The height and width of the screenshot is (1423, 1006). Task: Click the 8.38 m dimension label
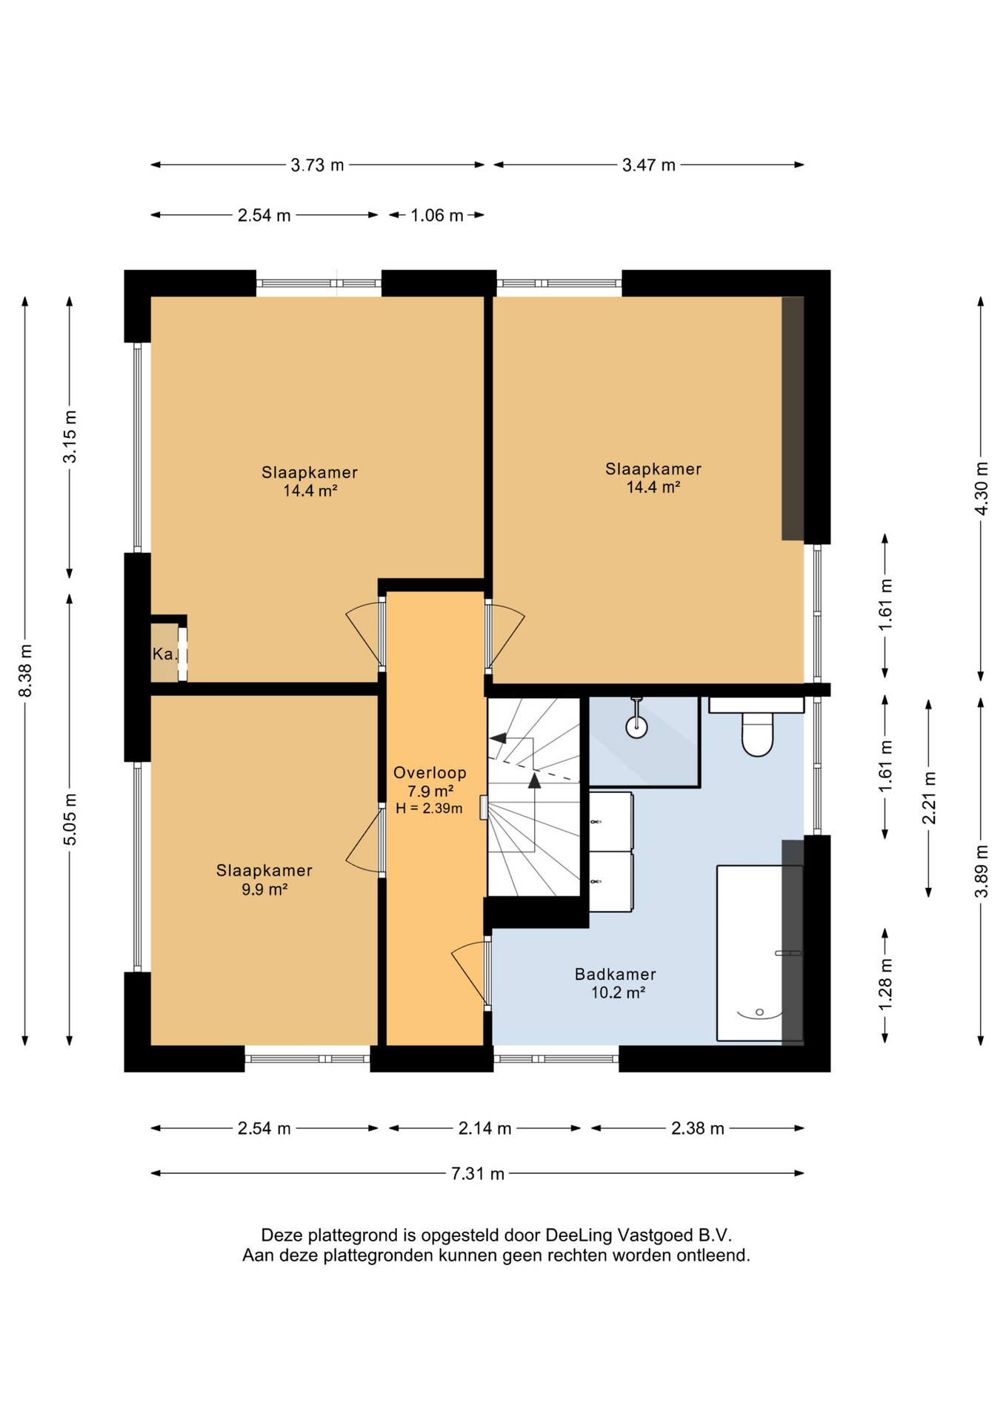pyautogui.click(x=25, y=670)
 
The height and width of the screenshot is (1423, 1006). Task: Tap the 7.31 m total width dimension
pyautogui.click(x=477, y=1173)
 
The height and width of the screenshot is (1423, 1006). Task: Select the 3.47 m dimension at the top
pyautogui.click(x=649, y=165)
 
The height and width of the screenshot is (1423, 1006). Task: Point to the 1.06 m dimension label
pyautogui.click(x=437, y=215)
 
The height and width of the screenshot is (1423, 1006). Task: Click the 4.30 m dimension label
pyautogui.click(x=981, y=488)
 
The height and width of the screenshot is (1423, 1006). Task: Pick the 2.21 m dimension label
pyautogui.click(x=929, y=797)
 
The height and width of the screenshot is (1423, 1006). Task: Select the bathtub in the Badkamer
pyautogui.click(x=759, y=952)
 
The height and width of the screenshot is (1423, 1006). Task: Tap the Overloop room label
pyautogui.click(x=430, y=772)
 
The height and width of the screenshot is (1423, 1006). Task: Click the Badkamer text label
pyautogui.click(x=616, y=974)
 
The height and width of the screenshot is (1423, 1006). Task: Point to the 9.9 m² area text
pyautogui.click(x=264, y=889)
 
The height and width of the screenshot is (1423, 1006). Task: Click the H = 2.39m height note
pyautogui.click(x=429, y=808)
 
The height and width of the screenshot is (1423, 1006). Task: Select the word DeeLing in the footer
pyautogui.click(x=578, y=1235)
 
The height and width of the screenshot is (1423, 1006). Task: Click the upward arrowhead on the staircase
pyautogui.click(x=534, y=780)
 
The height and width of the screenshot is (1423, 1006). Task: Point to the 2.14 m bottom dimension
pyautogui.click(x=484, y=1128)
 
